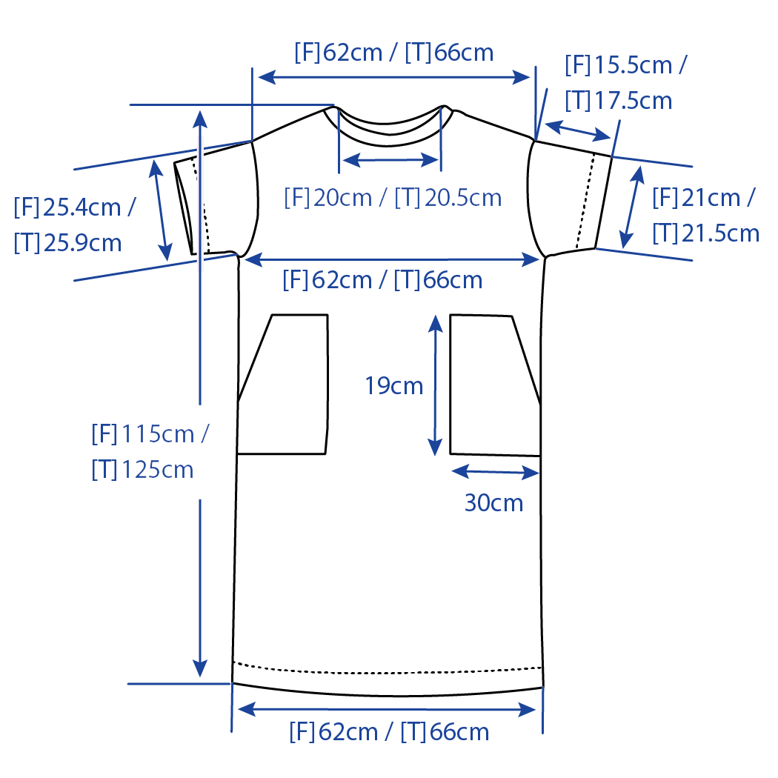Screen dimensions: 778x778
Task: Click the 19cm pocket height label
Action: pyautogui.click(x=393, y=386)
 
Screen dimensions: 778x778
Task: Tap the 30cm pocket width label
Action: pyautogui.click(x=493, y=503)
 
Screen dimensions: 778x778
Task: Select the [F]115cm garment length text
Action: pyautogui.click(x=149, y=433)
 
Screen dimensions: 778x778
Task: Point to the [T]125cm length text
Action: pyautogui.click(x=142, y=469)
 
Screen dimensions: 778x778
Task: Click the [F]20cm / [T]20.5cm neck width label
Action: pyautogui.click(x=393, y=198)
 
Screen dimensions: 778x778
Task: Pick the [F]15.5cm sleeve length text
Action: pyautogui.click(x=625, y=65)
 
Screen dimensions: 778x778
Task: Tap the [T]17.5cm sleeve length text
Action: pyautogui.click(x=618, y=100)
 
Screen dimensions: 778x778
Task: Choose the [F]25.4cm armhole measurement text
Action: pyautogui.click(x=74, y=207)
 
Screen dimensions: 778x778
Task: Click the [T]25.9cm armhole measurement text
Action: pyautogui.click(x=67, y=242)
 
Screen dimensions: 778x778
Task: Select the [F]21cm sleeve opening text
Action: pyautogui.click(x=703, y=198)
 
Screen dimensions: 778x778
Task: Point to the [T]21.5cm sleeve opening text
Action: pyautogui.click(x=705, y=233)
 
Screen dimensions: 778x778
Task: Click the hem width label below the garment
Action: pyautogui.click(x=389, y=732)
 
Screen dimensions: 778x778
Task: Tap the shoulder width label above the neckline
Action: pyautogui.click(x=393, y=53)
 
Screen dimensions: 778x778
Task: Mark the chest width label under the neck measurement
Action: pyautogui.click(x=382, y=280)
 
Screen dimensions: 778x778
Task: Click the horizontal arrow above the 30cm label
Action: pyautogui.click(x=494, y=471)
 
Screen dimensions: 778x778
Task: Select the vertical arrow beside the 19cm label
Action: pyautogui.click(x=435, y=385)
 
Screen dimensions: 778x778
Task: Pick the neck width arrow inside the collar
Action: pyautogui.click(x=390, y=159)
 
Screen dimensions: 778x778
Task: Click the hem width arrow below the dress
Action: pyautogui.click(x=386, y=710)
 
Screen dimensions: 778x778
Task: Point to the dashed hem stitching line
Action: pyautogui.click(x=389, y=665)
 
